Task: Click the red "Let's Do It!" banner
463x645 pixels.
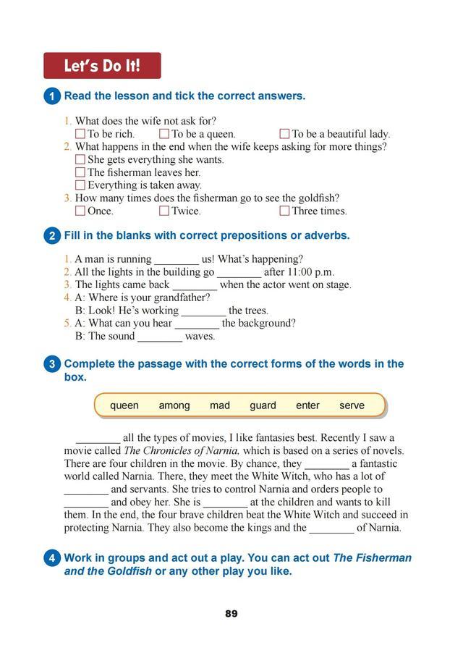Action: [x=102, y=66]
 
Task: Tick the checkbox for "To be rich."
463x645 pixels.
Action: [x=80, y=134]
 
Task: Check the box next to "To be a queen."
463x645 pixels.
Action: [x=164, y=134]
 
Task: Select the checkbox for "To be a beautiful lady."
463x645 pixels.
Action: [x=284, y=134]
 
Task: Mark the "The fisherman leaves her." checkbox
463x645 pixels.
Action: [x=80, y=172]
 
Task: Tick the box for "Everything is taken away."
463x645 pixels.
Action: [x=80, y=185]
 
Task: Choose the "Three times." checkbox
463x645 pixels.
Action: [x=284, y=211]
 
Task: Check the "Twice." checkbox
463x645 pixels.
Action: [x=164, y=211]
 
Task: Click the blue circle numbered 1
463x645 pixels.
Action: [x=52, y=96]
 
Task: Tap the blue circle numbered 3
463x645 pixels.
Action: [x=52, y=364]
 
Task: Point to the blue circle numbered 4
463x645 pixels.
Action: [x=52, y=558]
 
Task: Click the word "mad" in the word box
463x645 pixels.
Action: [x=220, y=405]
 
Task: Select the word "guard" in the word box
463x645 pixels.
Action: [x=263, y=405]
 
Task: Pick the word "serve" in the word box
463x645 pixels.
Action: [x=352, y=405]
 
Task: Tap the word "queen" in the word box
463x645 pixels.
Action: [x=124, y=405]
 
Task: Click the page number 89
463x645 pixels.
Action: [x=231, y=614]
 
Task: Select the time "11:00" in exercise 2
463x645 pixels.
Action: [x=300, y=272]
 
